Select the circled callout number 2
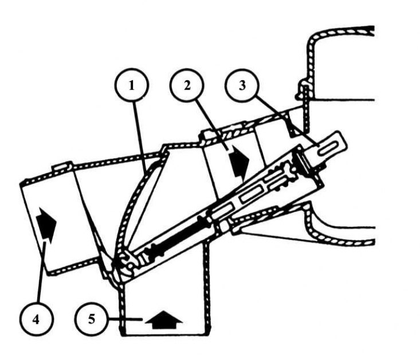[187, 85]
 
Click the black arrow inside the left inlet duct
[47, 223]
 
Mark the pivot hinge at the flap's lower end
[123, 265]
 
